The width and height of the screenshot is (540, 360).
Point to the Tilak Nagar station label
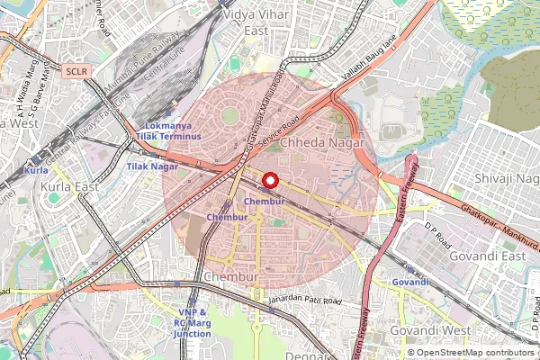pos(152,166)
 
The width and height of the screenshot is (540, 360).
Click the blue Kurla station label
pos(37,170)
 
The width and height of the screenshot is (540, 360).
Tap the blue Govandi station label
pos(410,282)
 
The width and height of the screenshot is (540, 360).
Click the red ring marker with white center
pos(268,180)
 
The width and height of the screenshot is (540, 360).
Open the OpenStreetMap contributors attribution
pos(475,353)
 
